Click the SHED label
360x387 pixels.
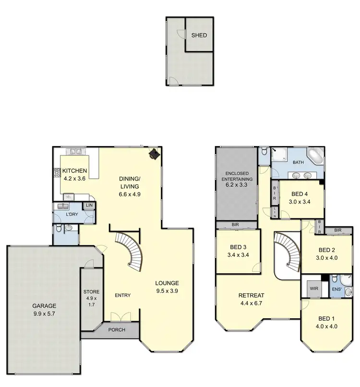[x=199, y=35]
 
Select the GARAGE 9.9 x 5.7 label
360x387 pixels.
[x=45, y=309]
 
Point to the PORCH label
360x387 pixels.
[x=117, y=330]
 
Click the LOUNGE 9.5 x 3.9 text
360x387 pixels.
[x=167, y=287]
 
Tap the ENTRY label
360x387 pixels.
[x=123, y=295]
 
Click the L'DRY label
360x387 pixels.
[x=72, y=214]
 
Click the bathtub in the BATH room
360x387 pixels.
[x=316, y=157]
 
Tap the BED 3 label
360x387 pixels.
[x=237, y=251]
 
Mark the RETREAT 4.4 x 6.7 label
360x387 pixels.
[x=250, y=299]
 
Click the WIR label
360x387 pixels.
[x=314, y=289]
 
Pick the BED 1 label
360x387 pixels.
[x=324, y=322]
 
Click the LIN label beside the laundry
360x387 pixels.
[x=89, y=206]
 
